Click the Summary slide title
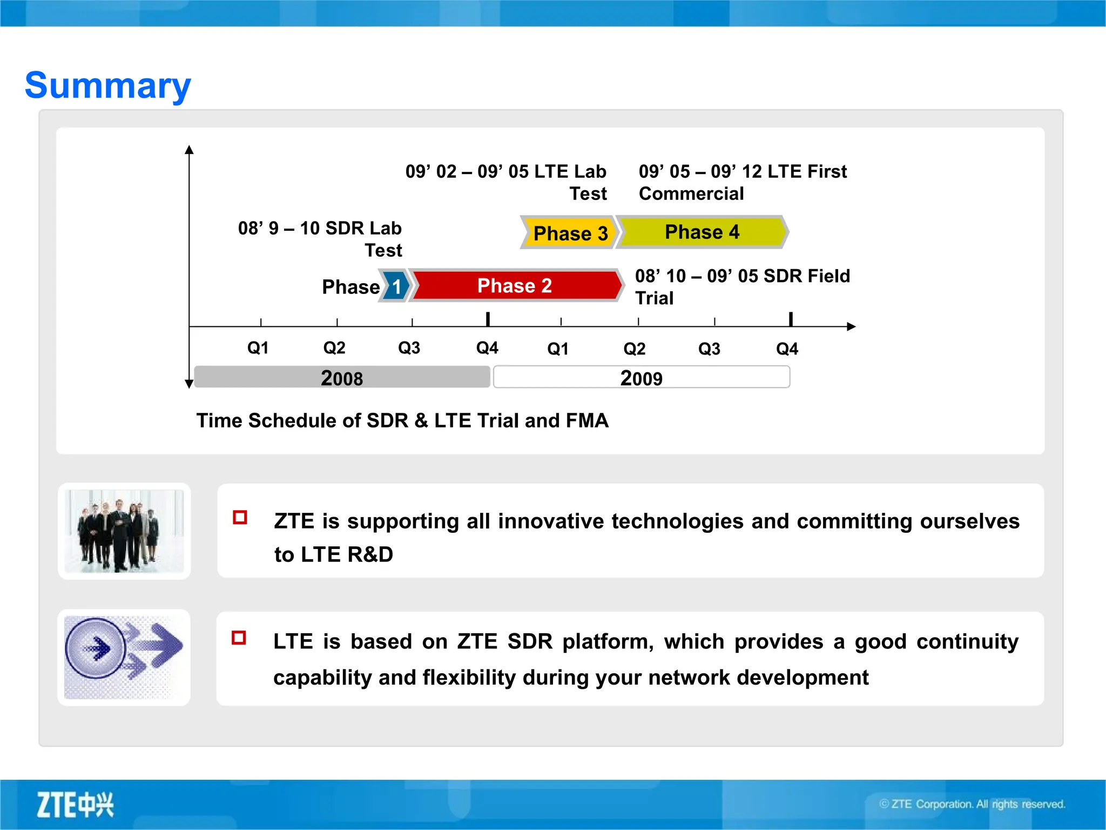[108, 85]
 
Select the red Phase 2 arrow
[515, 285]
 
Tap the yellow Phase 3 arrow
[569, 233]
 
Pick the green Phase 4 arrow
[702, 232]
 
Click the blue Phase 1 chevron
[396, 286]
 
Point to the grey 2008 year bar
[341, 377]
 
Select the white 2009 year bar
[641, 377]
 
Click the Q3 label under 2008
[409, 348]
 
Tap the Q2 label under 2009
[634, 349]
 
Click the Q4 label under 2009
[787, 349]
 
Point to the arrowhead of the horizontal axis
[851, 326]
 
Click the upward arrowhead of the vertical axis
[189, 150]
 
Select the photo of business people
[124, 531]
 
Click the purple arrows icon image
[124, 657]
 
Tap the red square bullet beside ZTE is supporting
[240, 518]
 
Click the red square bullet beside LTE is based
[239, 638]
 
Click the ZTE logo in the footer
[75, 805]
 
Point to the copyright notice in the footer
[972, 804]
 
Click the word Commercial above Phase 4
[691, 193]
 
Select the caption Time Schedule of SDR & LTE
[402, 420]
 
